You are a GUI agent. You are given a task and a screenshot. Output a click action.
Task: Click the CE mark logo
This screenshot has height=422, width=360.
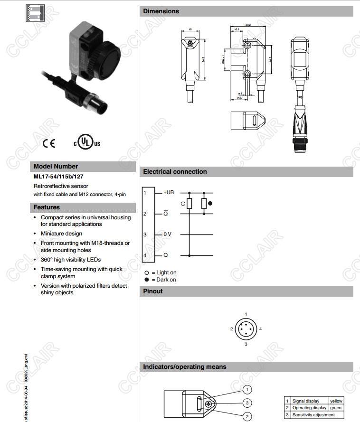[x=49, y=143]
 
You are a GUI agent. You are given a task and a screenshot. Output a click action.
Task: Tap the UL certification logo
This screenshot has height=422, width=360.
[x=86, y=142]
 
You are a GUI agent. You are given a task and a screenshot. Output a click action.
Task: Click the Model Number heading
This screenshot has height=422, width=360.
[x=56, y=167]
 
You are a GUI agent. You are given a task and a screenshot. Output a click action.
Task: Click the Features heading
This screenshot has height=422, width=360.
[x=47, y=207]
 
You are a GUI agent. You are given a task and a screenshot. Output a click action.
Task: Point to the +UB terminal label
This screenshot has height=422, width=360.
[x=169, y=193]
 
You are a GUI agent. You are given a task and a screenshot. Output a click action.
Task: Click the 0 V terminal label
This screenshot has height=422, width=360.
[x=168, y=234]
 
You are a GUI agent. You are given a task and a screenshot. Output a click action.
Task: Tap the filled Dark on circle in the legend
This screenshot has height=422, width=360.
[x=147, y=280]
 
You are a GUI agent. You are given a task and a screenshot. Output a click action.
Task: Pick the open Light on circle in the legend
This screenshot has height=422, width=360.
[x=147, y=272]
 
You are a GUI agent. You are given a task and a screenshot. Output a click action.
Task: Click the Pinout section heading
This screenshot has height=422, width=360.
[x=153, y=291]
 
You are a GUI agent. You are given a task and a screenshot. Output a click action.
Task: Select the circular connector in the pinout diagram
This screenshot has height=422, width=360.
[x=246, y=329]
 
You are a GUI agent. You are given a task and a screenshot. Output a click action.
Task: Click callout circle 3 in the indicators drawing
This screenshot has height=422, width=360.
[x=247, y=403]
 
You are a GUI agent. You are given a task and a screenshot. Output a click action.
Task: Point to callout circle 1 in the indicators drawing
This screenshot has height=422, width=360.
[x=247, y=390]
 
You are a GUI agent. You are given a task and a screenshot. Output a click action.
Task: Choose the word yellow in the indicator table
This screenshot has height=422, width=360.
[x=336, y=401]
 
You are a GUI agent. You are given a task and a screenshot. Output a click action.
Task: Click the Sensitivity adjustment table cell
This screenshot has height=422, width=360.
[x=313, y=415]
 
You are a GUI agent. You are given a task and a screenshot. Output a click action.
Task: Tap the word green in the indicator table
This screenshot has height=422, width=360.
[x=336, y=408]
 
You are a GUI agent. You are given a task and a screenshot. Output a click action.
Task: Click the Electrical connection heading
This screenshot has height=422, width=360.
[x=175, y=172]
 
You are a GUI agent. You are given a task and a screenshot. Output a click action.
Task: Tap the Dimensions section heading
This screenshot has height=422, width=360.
[x=161, y=11]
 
